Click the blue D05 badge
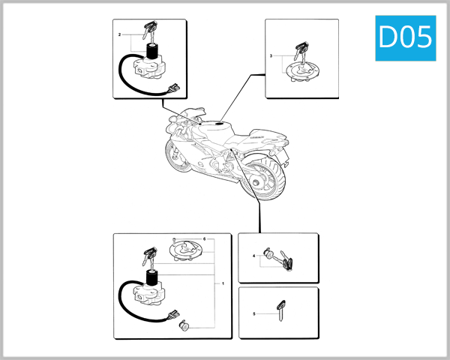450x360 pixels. [405, 38]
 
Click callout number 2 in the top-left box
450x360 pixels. [120, 35]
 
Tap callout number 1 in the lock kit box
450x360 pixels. [223, 284]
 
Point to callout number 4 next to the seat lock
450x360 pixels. [254, 256]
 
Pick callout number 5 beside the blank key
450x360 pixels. [254, 313]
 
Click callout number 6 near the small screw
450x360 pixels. [204, 238]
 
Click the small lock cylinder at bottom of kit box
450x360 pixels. [184, 325]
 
